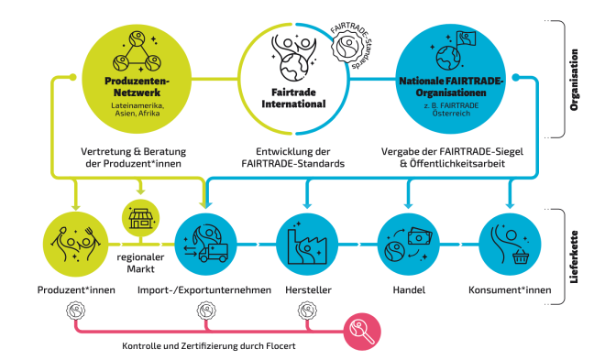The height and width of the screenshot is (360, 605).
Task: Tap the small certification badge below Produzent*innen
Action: pyautogui.click(x=71, y=312)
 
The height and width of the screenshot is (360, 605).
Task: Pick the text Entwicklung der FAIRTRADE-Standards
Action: pyautogui.click(x=294, y=156)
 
